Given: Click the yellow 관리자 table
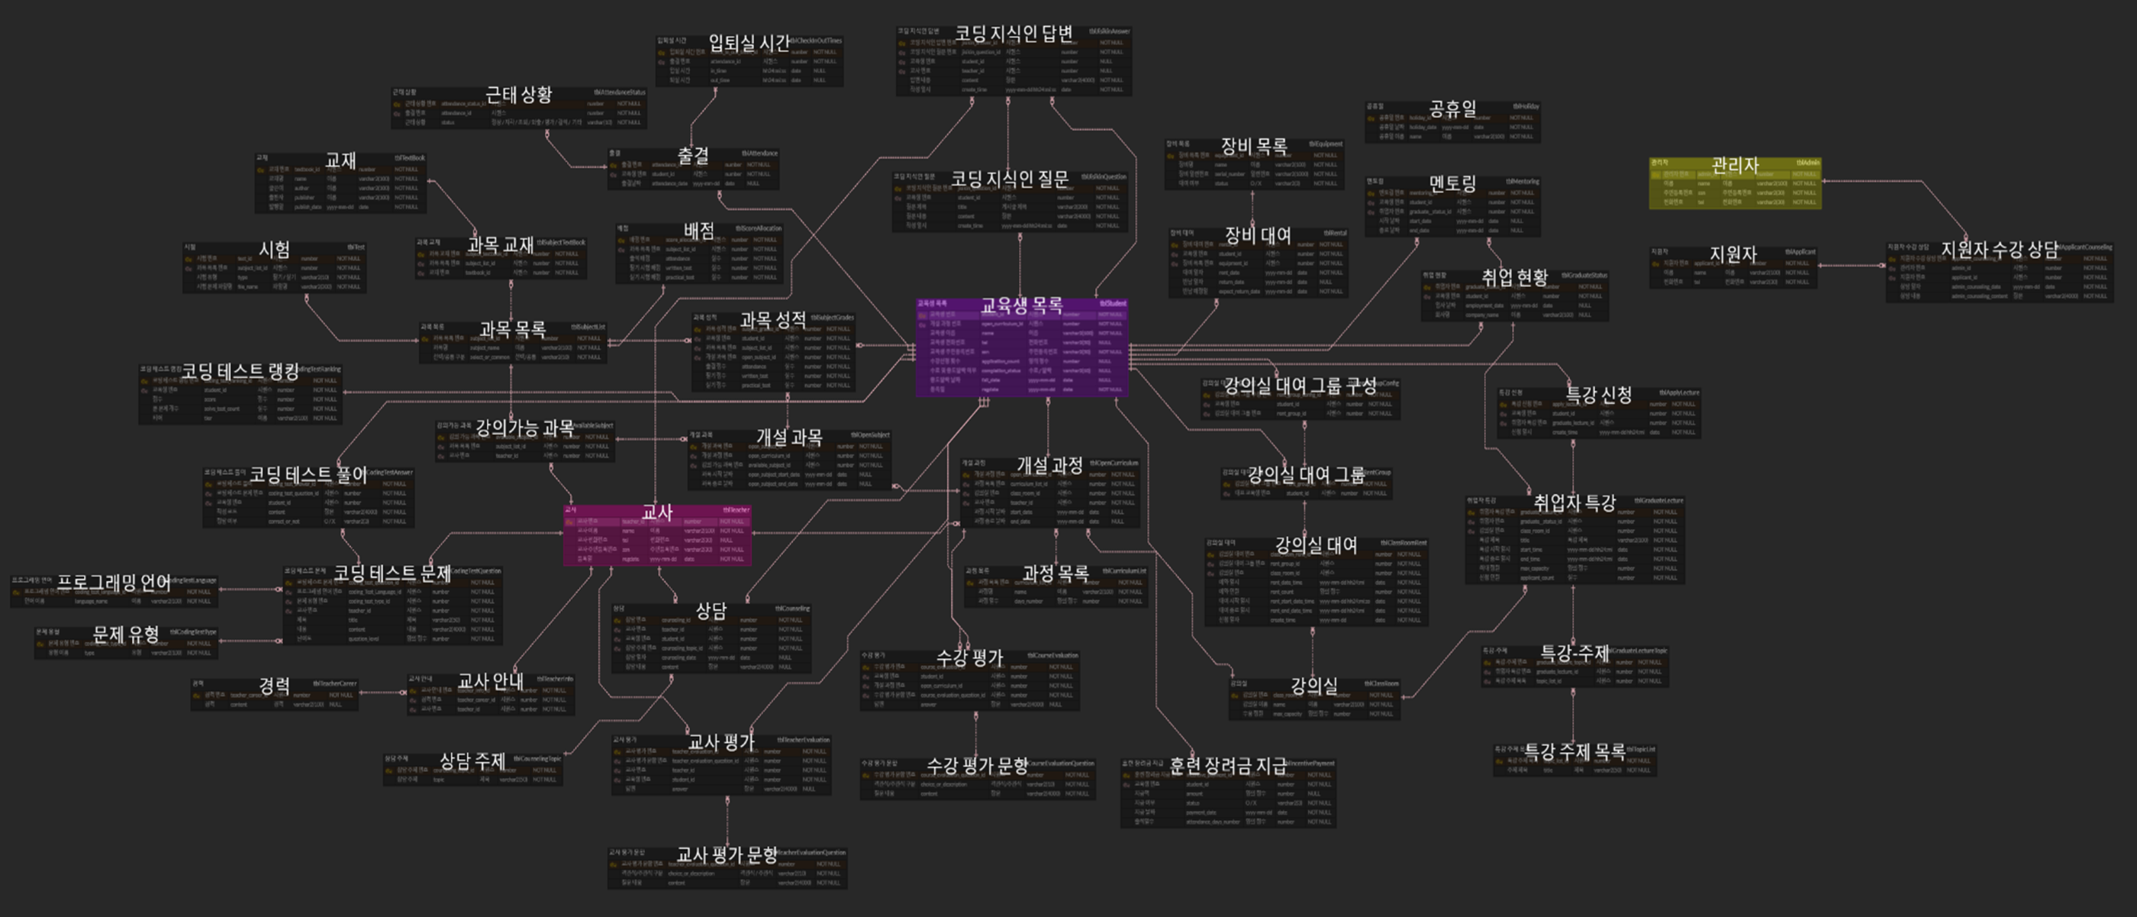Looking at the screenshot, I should tap(1735, 183).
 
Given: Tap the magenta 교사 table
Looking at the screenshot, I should tap(657, 536).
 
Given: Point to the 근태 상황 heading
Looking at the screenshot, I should tap(518, 95).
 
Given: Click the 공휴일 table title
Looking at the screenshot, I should tap(1452, 108).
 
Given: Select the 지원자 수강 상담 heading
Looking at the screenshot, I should tap(2000, 250).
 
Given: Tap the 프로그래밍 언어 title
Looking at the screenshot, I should tap(114, 583).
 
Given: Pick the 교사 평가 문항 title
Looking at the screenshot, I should tap(727, 854).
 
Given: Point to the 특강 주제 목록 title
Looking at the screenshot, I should tap(1575, 753).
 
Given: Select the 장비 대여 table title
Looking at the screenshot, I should tap(1258, 236).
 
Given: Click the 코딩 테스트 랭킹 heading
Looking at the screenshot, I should tap(240, 372).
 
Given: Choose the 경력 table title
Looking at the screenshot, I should tap(275, 686).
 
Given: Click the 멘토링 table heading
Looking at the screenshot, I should tap(1452, 183).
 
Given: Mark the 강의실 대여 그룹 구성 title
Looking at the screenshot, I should tap(1300, 386).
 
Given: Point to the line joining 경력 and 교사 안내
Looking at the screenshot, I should tap(382, 692).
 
